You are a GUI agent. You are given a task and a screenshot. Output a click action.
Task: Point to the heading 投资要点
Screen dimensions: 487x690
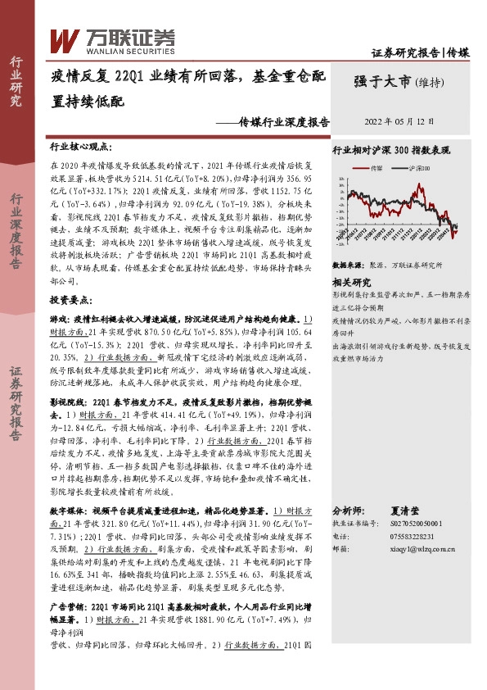72,301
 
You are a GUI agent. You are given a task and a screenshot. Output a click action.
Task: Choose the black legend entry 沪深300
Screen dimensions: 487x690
419,168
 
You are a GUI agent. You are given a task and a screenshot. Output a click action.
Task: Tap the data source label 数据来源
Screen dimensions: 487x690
347,266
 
